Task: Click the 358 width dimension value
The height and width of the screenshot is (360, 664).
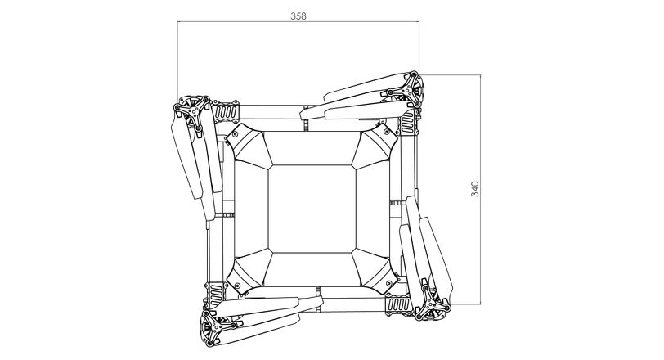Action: (x=298, y=16)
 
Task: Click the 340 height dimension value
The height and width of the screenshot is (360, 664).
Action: (x=475, y=189)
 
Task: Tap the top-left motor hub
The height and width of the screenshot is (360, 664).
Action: (x=193, y=111)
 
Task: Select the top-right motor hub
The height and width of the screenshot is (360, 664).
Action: (x=407, y=90)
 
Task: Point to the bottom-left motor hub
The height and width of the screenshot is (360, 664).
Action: (x=217, y=327)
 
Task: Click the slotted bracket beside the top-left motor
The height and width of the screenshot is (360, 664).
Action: (x=226, y=112)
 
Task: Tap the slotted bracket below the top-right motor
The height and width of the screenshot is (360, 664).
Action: (x=407, y=123)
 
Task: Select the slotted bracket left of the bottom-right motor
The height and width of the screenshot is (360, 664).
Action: (x=399, y=304)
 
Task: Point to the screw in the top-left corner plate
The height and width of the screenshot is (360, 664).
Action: (x=236, y=134)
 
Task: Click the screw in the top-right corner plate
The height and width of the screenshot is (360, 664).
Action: (x=387, y=132)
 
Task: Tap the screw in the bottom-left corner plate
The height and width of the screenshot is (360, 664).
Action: (x=238, y=285)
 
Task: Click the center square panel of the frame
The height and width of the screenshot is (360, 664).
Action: (x=312, y=209)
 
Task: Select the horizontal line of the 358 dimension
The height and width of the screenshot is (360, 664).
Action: (x=298, y=21)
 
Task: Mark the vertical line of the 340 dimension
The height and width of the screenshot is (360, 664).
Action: (x=480, y=189)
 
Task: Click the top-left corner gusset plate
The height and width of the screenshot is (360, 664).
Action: (x=249, y=146)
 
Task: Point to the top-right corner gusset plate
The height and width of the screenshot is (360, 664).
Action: (x=375, y=145)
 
